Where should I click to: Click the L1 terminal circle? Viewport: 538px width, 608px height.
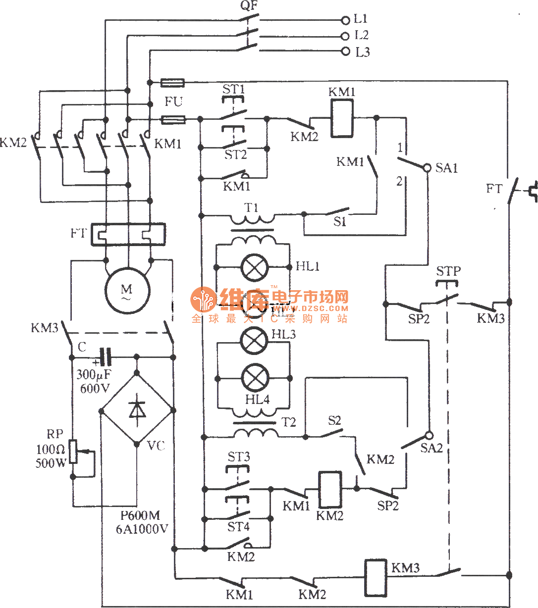pos(345,20)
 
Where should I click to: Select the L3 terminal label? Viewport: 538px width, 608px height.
pos(363,52)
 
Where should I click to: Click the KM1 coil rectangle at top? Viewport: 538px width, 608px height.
pos(342,118)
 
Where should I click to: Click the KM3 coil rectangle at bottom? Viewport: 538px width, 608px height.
pos(376,578)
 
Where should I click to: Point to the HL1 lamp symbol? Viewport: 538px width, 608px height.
pos(254,267)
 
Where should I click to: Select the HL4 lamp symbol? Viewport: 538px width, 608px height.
pos(255,379)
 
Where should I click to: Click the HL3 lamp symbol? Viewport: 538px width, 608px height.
pos(254,341)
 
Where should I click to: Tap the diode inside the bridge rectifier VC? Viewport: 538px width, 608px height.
pos(137,410)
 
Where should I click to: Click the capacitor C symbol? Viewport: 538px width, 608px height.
pos(106,356)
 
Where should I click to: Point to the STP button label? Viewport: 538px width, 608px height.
pos(448,271)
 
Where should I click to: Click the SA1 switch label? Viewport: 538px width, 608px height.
pos(447,168)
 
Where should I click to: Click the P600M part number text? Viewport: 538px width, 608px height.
pos(140,516)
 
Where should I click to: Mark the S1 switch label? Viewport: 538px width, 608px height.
pos(339,222)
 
